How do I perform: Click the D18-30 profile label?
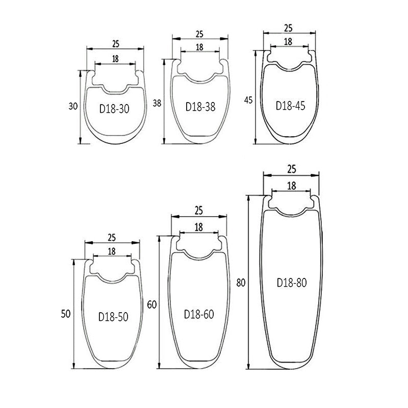pyautogui.click(x=114, y=109)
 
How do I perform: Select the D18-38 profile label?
pyautogui.click(x=200, y=107)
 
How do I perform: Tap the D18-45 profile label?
pyautogui.click(x=290, y=106)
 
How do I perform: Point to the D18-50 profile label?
pyautogui.click(x=113, y=317)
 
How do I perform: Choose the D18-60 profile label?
pyautogui.click(x=199, y=314)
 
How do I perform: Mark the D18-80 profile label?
pyautogui.click(x=292, y=283)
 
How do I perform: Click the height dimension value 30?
pyautogui.click(x=73, y=106)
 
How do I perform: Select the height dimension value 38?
pyautogui.click(x=157, y=103)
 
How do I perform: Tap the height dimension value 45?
pyautogui.click(x=248, y=100)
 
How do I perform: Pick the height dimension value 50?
pyautogui.click(x=66, y=314)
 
